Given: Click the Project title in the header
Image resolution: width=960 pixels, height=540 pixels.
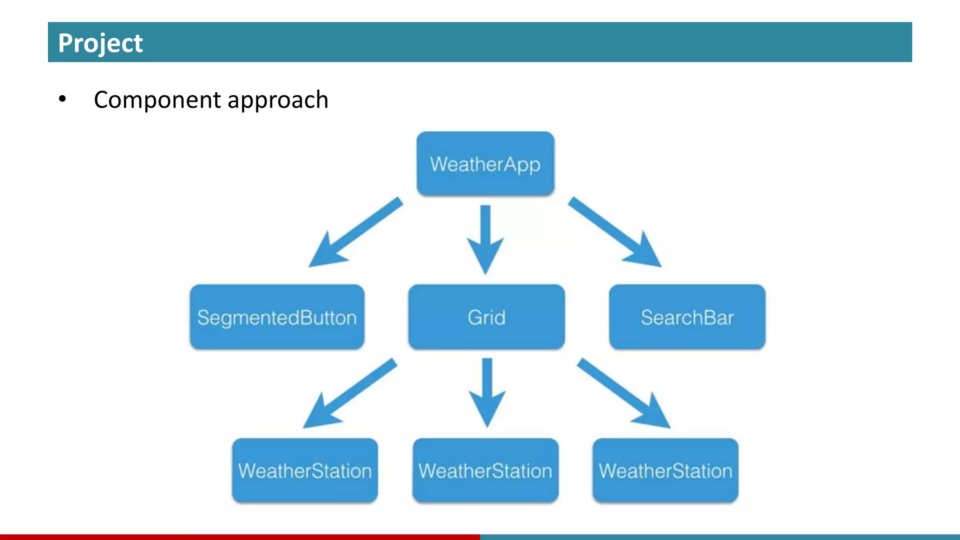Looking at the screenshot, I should tap(100, 43).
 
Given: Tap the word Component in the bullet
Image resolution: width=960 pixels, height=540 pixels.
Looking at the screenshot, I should tap(157, 100).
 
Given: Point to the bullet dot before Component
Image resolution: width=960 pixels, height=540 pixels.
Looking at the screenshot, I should tap(62, 99).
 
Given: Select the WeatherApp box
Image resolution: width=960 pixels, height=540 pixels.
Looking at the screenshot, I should tap(485, 164).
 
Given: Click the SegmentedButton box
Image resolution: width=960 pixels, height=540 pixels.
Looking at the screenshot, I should tap(277, 317).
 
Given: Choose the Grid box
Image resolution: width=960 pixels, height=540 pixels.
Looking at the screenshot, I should tap(486, 317).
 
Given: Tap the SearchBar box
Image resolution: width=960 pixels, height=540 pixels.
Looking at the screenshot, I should tap(687, 317).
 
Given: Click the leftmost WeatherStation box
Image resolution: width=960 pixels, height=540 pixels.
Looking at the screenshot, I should tap(305, 470).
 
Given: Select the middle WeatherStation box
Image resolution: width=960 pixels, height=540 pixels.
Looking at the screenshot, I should tap(485, 470).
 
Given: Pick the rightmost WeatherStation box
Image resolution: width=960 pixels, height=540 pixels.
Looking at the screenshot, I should tap(665, 470).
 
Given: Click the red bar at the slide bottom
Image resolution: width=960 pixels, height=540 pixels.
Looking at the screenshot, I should tap(240, 537).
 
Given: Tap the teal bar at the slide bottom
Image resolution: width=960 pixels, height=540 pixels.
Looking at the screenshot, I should tap(720, 537).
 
